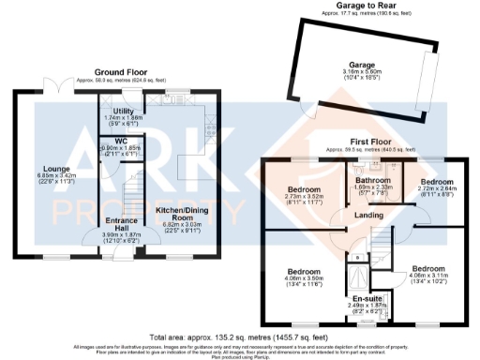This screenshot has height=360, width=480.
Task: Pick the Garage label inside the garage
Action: (x=355, y=66)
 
